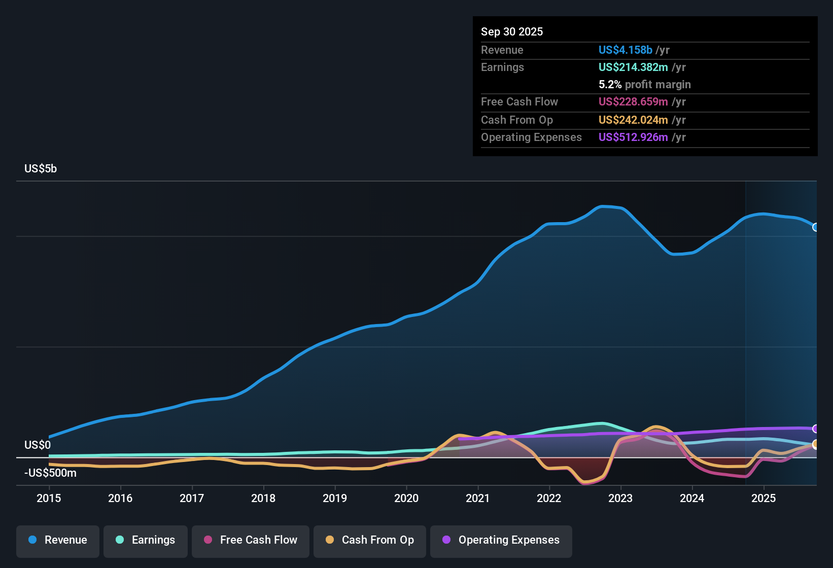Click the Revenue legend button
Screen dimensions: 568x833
tap(58, 540)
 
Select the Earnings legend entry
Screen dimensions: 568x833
tap(146, 540)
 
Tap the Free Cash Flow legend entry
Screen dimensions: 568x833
tap(251, 540)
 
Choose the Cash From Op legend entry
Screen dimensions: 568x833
tap(370, 540)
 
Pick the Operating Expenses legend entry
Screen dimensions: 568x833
tap(501, 540)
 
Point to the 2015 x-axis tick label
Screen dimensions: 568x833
tap(49, 498)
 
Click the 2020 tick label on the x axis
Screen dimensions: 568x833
tap(406, 498)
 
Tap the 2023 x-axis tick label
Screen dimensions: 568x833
tap(620, 498)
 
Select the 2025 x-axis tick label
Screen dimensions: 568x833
tap(763, 498)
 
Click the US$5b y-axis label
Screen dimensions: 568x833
tap(41, 169)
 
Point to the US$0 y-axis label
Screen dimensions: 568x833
tap(38, 445)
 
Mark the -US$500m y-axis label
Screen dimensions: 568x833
tap(50, 473)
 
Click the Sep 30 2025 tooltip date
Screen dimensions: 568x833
tap(511, 32)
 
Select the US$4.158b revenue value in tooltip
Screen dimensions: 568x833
tap(625, 50)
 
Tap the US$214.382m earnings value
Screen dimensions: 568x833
tap(633, 67)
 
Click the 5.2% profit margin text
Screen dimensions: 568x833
tap(644, 85)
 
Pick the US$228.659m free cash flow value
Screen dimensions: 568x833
tap(633, 102)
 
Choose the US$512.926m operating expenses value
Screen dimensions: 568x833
tap(633, 137)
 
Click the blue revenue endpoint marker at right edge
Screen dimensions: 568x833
tap(816, 227)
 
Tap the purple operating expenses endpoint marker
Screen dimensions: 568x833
tap(816, 429)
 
